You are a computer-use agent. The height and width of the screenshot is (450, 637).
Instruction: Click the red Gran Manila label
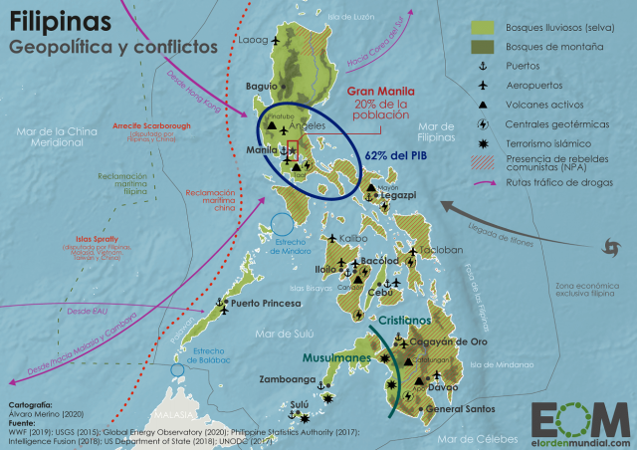(x=379, y=91)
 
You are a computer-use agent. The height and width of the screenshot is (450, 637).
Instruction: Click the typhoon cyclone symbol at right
(x=609, y=247)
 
